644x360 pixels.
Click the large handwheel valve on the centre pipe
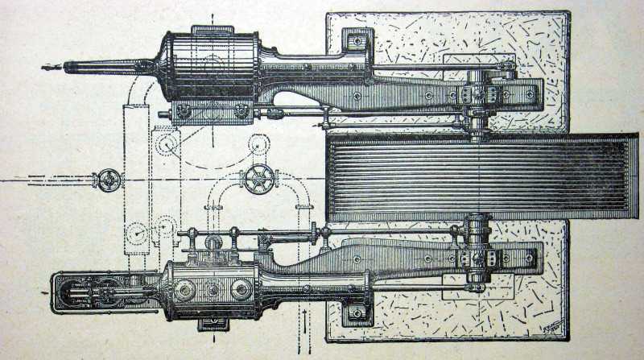pos(260,178)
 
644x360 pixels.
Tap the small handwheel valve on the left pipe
pos(106,179)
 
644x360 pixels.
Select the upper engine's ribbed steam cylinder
pos(212,66)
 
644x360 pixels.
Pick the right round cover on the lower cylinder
pos(241,288)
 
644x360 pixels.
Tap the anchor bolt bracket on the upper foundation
pos(355,41)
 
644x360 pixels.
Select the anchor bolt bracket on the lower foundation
pos(354,312)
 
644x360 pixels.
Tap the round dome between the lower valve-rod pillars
pos(213,242)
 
